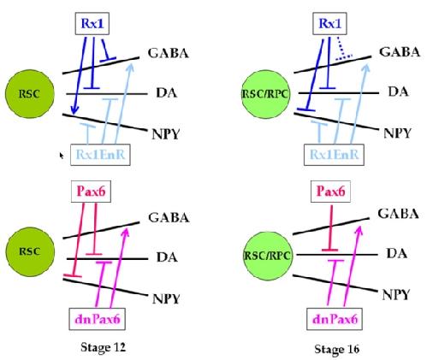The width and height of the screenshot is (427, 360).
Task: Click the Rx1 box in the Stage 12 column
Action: pyautogui.click(x=92, y=24)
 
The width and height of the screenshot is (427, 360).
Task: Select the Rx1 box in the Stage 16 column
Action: pyautogui.click(x=329, y=24)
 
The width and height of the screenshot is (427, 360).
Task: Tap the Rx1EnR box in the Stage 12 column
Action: pyautogui.click(x=100, y=155)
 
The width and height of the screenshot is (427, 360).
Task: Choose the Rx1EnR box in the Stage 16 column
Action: pyautogui.click(x=334, y=155)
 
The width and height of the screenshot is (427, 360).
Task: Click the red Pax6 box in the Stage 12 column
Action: pyautogui.click(x=91, y=192)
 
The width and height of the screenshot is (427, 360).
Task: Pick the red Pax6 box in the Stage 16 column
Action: pyautogui.click(x=330, y=192)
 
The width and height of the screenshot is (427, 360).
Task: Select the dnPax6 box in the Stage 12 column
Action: pyautogui.click(x=98, y=319)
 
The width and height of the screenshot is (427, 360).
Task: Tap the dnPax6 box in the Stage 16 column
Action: pyautogui.click(x=335, y=319)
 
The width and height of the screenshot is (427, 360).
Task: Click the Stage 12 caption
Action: pyautogui.click(x=103, y=347)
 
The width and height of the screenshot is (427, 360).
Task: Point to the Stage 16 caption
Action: pyautogui.click(x=336, y=349)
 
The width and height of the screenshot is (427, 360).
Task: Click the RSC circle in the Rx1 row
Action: pyautogui.click(x=30, y=94)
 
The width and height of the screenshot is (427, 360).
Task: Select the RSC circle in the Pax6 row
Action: pyautogui.click(x=30, y=251)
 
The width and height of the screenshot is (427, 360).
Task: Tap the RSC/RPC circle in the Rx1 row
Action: pyautogui.click(x=265, y=94)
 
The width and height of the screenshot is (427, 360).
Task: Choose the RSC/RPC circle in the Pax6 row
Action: pyautogui.click(x=267, y=256)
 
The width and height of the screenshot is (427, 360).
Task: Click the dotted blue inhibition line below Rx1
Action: pyautogui.click(x=343, y=49)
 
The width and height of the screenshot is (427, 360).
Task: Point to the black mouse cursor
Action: pyautogui.click(x=61, y=156)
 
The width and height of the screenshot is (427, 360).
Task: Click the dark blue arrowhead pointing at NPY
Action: pyautogui.click(x=74, y=109)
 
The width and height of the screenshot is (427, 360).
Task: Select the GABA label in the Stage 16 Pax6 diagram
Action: pyautogui.click(x=398, y=214)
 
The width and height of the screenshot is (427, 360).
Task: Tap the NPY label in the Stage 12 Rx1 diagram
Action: pyautogui.click(x=166, y=134)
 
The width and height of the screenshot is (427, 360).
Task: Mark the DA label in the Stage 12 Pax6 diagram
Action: pyautogui.click(x=167, y=257)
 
